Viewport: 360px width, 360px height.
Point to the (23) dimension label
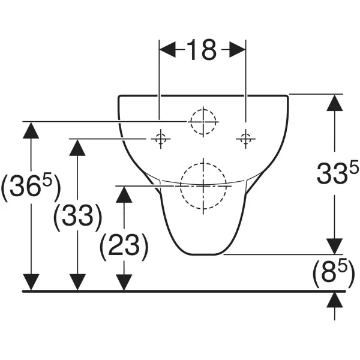[x=124, y=247]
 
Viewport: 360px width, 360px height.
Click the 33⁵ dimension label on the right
[x=337, y=173]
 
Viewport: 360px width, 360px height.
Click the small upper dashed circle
[x=203, y=122]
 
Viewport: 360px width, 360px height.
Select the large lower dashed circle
[x=203, y=186]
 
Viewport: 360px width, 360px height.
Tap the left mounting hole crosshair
[x=160, y=139]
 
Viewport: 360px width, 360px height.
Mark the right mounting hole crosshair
[x=246, y=139]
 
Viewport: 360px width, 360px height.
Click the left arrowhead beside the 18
[x=167, y=50]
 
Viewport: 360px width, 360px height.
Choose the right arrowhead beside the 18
[x=238, y=50]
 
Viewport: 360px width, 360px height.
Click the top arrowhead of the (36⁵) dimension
[x=31, y=130]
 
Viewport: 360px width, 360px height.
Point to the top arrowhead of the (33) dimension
[x=77, y=148]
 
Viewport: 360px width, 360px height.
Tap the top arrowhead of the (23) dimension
[x=124, y=194]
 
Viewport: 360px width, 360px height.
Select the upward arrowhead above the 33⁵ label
[x=335, y=103]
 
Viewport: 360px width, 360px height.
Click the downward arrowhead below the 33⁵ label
[x=335, y=247]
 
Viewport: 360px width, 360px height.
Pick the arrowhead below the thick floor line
[x=335, y=300]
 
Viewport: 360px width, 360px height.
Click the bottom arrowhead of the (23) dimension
[x=124, y=282]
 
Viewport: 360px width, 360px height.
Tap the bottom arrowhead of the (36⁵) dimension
[x=31, y=282]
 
